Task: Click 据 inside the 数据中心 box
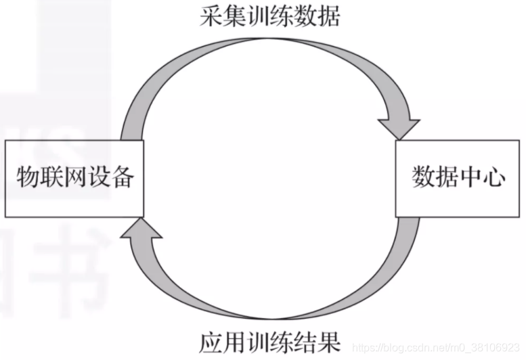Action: pyautogui.click(x=447, y=178)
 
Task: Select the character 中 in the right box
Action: pyautogui.click(x=470, y=178)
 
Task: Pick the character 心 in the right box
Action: pyautogui.click(x=494, y=178)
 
